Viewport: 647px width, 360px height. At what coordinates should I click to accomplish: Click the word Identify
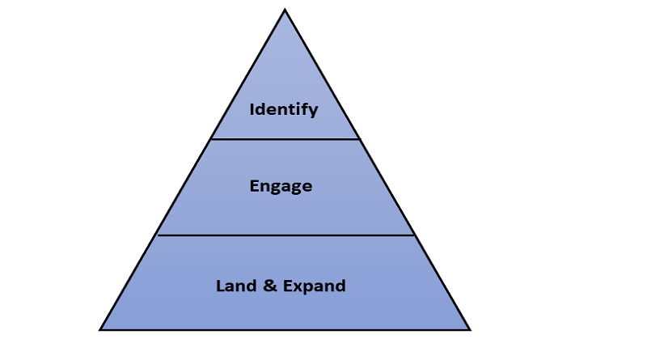pos(284,110)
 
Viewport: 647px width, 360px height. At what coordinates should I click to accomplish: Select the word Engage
pos(281,186)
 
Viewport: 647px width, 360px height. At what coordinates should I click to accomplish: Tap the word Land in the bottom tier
pos(236,286)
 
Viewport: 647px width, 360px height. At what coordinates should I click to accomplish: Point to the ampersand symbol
pos(270,286)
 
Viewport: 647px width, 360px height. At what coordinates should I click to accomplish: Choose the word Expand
pos(315,286)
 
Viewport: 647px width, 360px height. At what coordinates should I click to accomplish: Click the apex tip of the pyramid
pos(285,9)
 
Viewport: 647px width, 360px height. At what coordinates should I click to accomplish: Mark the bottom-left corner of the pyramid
pos(99,330)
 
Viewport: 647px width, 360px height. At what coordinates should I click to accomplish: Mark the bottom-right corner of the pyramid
pos(470,330)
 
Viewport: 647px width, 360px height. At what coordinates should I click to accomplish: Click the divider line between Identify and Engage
pos(285,139)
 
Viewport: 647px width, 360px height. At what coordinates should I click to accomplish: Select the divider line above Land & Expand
pos(286,235)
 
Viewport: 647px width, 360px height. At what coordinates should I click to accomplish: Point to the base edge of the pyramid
pos(285,330)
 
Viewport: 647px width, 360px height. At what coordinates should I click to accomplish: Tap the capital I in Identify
pos(252,109)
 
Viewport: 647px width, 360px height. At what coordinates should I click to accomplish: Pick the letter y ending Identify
pos(314,112)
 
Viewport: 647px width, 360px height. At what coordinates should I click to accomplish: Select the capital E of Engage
pos(254,186)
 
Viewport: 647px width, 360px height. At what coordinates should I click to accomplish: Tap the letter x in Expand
pos(298,287)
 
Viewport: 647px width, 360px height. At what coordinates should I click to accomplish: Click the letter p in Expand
pos(309,289)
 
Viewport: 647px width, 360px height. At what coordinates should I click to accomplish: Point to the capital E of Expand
pos(288,286)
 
